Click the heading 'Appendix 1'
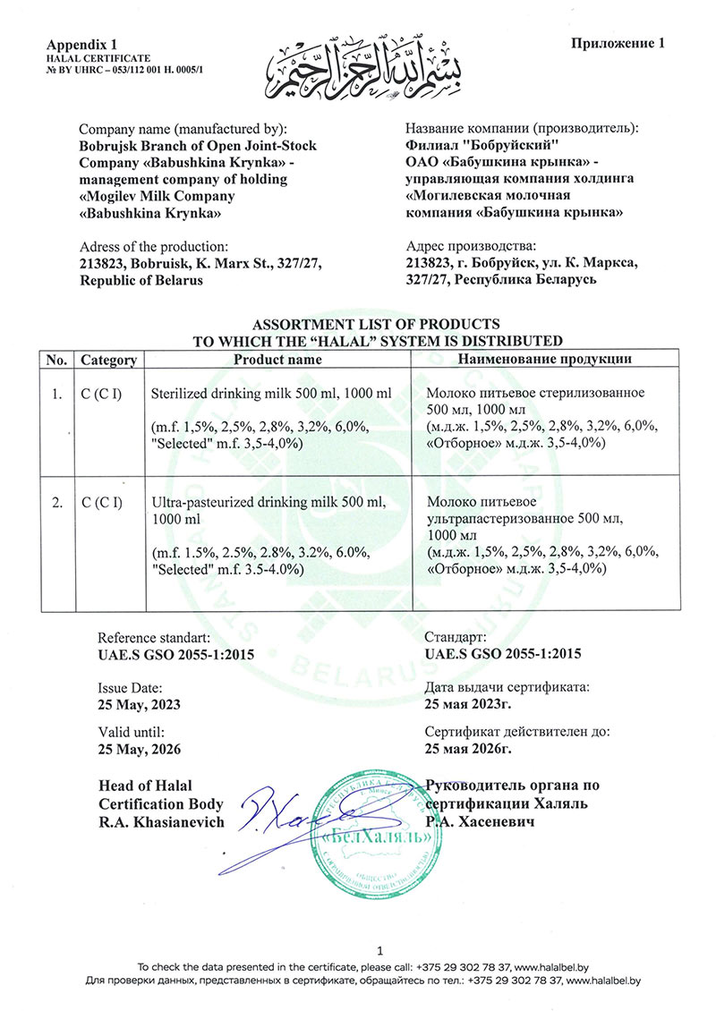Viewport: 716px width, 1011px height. (x=81, y=44)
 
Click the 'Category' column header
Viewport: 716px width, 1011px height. (x=108, y=360)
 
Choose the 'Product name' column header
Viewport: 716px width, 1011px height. (x=277, y=360)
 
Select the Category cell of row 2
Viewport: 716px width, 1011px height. (x=102, y=503)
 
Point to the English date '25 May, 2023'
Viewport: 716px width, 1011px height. (x=139, y=704)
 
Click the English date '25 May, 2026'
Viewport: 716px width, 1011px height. (x=139, y=748)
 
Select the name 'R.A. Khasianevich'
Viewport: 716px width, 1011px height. (x=162, y=821)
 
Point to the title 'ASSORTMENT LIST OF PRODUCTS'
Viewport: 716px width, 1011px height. (x=376, y=324)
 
